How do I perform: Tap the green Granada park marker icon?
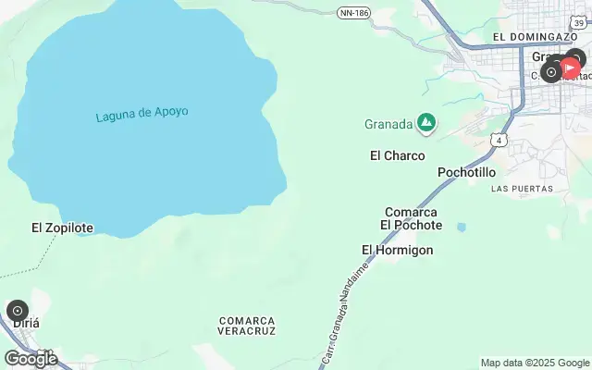[426, 122]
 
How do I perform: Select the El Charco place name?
[397, 155]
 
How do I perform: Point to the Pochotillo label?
[466, 172]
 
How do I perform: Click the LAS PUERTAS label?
[522, 189]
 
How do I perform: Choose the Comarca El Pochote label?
[411, 218]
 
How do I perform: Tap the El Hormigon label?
[397, 250]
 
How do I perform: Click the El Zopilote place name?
[62, 227]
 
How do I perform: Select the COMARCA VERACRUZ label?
[247, 325]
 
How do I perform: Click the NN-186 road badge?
[353, 12]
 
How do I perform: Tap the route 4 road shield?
[499, 140]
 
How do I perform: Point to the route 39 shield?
[579, 7]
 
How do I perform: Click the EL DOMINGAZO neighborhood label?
[535, 37]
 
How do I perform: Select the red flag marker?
[571, 67]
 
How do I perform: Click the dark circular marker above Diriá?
[18, 311]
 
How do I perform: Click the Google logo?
[31, 358]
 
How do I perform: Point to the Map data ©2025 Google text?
[535, 363]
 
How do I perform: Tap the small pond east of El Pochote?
[462, 227]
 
